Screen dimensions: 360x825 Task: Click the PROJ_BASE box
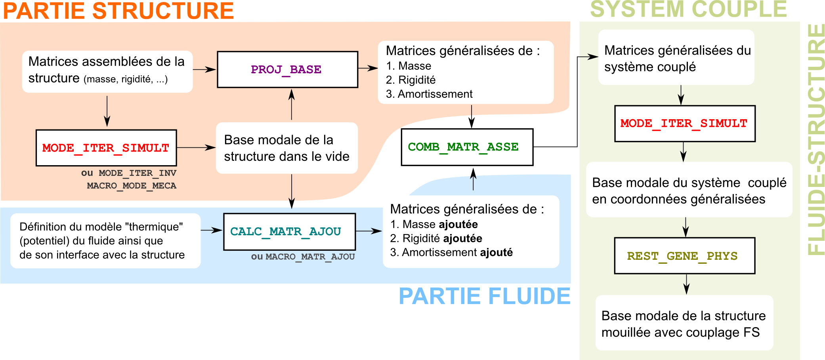tap(287, 70)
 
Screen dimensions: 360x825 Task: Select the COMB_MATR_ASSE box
tap(467, 147)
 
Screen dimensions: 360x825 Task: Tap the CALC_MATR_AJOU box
tap(289, 232)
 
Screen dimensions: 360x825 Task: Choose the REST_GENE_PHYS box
tap(684, 256)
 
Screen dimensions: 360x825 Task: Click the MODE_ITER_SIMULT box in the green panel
tap(685, 124)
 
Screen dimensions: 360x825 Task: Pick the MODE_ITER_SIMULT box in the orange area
tap(106, 148)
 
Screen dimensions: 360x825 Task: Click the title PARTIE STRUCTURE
tap(118, 11)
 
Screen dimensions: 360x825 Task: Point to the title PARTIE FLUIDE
tap(484, 296)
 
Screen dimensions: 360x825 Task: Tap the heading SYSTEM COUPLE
tap(688, 10)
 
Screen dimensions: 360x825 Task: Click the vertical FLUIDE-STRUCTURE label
tap(816, 139)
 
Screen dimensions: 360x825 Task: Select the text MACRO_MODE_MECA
tap(132, 186)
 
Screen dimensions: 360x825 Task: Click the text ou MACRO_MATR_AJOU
tap(303, 257)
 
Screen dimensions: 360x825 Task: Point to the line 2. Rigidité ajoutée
tap(436, 238)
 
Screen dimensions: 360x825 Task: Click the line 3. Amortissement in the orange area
tap(429, 94)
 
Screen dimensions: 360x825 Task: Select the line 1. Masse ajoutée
tap(434, 225)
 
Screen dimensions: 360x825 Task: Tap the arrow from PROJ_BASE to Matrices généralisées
tap(368, 69)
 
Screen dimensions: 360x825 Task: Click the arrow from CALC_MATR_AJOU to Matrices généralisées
tap(369, 231)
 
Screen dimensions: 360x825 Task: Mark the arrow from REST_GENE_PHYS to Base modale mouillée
tap(686, 284)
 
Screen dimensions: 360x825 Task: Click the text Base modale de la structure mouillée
tap(683, 324)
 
